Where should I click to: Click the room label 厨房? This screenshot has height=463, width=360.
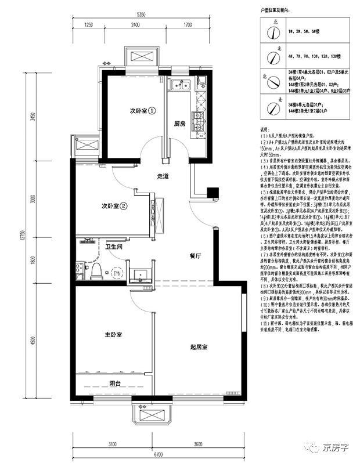(179, 124)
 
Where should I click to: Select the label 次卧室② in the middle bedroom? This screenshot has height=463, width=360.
(115, 205)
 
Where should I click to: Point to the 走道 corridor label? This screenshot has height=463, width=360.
(163, 176)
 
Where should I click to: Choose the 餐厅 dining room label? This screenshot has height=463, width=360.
(196, 255)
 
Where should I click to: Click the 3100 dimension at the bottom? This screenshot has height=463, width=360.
(113, 444)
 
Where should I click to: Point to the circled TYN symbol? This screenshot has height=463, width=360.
(117, 273)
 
